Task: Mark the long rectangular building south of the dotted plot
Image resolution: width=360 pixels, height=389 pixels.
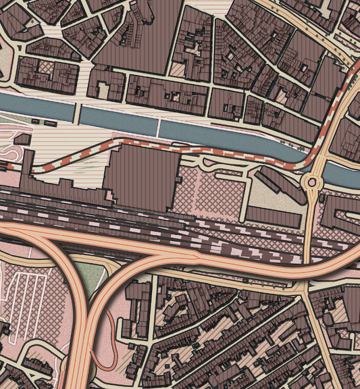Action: pos(274,217)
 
